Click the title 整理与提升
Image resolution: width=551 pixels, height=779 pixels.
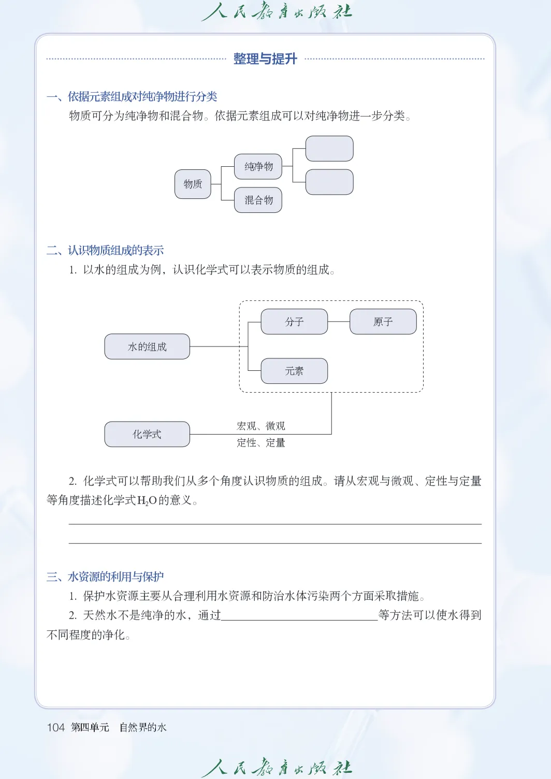tap(265, 59)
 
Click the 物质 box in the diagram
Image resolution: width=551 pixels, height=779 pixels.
tap(193, 184)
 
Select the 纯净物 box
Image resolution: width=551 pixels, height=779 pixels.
tap(258, 166)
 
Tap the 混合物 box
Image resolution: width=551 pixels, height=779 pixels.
tap(258, 200)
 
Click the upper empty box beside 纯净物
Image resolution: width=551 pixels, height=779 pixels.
tap(329, 149)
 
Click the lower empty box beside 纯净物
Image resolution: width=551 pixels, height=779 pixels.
tap(329, 182)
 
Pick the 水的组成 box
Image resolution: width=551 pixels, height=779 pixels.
tap(147, 347)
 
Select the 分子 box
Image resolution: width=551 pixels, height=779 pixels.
tap(294, 322)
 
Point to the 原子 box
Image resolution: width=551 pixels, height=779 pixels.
tap(383, 322)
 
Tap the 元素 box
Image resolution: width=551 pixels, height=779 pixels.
tap(294, 371)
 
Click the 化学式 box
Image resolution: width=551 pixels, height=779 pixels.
tap(147, 434)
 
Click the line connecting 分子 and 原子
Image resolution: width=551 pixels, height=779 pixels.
tap(339, 322)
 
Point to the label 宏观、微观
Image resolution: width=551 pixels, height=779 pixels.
tap(261, 426)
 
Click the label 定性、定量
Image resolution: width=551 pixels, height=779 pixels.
tap(261, 442)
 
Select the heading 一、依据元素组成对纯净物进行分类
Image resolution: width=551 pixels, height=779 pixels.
tap(132, 96)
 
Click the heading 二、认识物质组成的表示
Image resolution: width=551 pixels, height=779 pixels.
tap(105, 250)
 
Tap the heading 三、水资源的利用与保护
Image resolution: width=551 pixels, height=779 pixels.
tap(105, 576)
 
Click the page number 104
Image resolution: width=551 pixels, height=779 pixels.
tap(55, 727)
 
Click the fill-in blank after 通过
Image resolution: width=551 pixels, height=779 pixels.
tap(299, 615)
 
